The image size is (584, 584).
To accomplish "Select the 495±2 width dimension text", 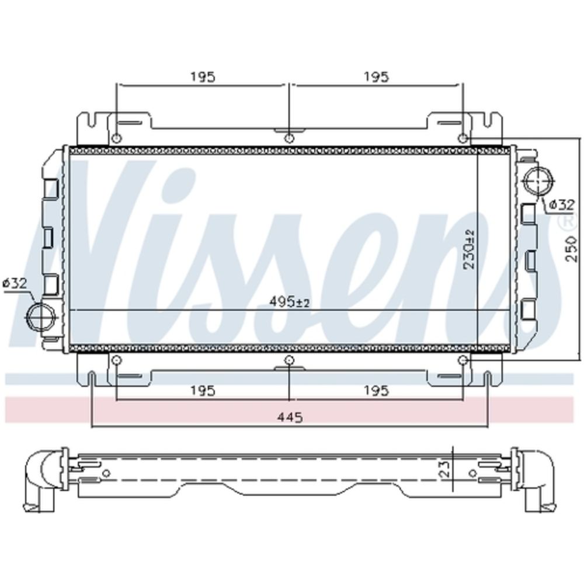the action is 290,303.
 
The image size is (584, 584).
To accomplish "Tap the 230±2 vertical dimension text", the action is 470,249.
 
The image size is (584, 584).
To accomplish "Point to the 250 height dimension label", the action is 571,248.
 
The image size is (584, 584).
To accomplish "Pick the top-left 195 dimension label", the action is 203,77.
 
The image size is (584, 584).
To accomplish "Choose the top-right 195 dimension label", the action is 376,77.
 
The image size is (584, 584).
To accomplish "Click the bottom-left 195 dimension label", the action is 203,391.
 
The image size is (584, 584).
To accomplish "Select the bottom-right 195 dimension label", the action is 376,391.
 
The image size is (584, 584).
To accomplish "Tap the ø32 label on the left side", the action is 15,284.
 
